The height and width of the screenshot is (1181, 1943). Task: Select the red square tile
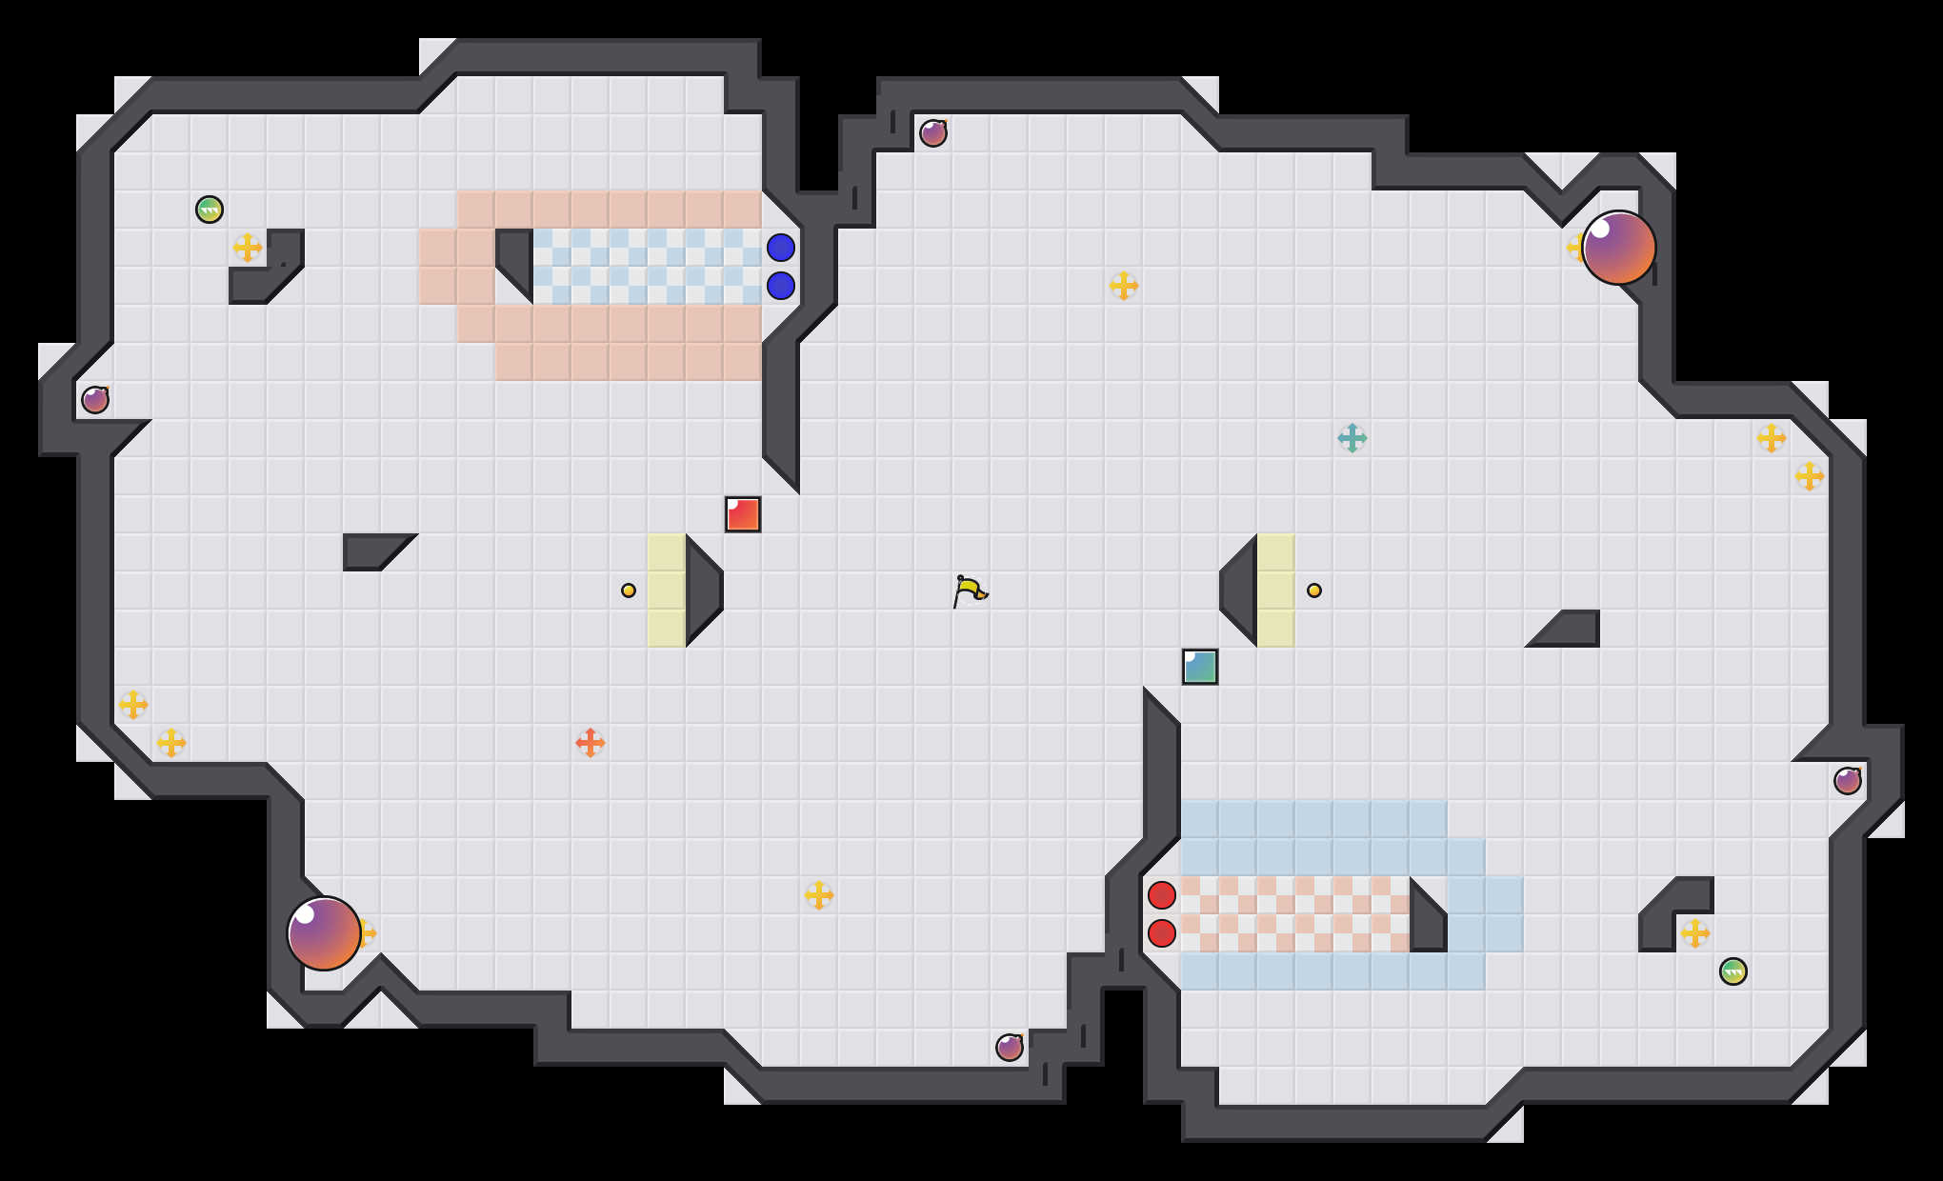743,514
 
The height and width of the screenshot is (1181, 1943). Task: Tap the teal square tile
1200,667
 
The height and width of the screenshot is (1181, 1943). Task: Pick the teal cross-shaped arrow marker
1352,438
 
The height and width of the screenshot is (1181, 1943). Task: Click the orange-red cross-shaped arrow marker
591,743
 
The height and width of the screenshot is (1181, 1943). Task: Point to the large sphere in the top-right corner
1619,248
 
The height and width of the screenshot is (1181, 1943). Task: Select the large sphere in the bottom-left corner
324,933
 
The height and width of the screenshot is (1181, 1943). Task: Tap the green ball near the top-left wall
210,210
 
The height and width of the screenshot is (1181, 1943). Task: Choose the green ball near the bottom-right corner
1733,971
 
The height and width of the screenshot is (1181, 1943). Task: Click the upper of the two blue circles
781,248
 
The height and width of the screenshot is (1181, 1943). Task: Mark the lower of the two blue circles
781,286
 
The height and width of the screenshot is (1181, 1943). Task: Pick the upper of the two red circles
1162,895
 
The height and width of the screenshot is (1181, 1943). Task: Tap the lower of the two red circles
1162,933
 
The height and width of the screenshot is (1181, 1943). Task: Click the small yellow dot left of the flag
629,590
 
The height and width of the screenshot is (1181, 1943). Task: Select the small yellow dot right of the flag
1314,590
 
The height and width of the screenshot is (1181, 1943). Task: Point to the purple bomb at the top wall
933,133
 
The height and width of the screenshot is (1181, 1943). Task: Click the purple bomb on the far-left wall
95,400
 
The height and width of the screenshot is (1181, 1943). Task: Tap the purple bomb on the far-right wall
1848,781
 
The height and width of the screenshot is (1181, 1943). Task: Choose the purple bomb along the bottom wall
1010,1048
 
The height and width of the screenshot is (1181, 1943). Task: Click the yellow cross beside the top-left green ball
248,248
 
